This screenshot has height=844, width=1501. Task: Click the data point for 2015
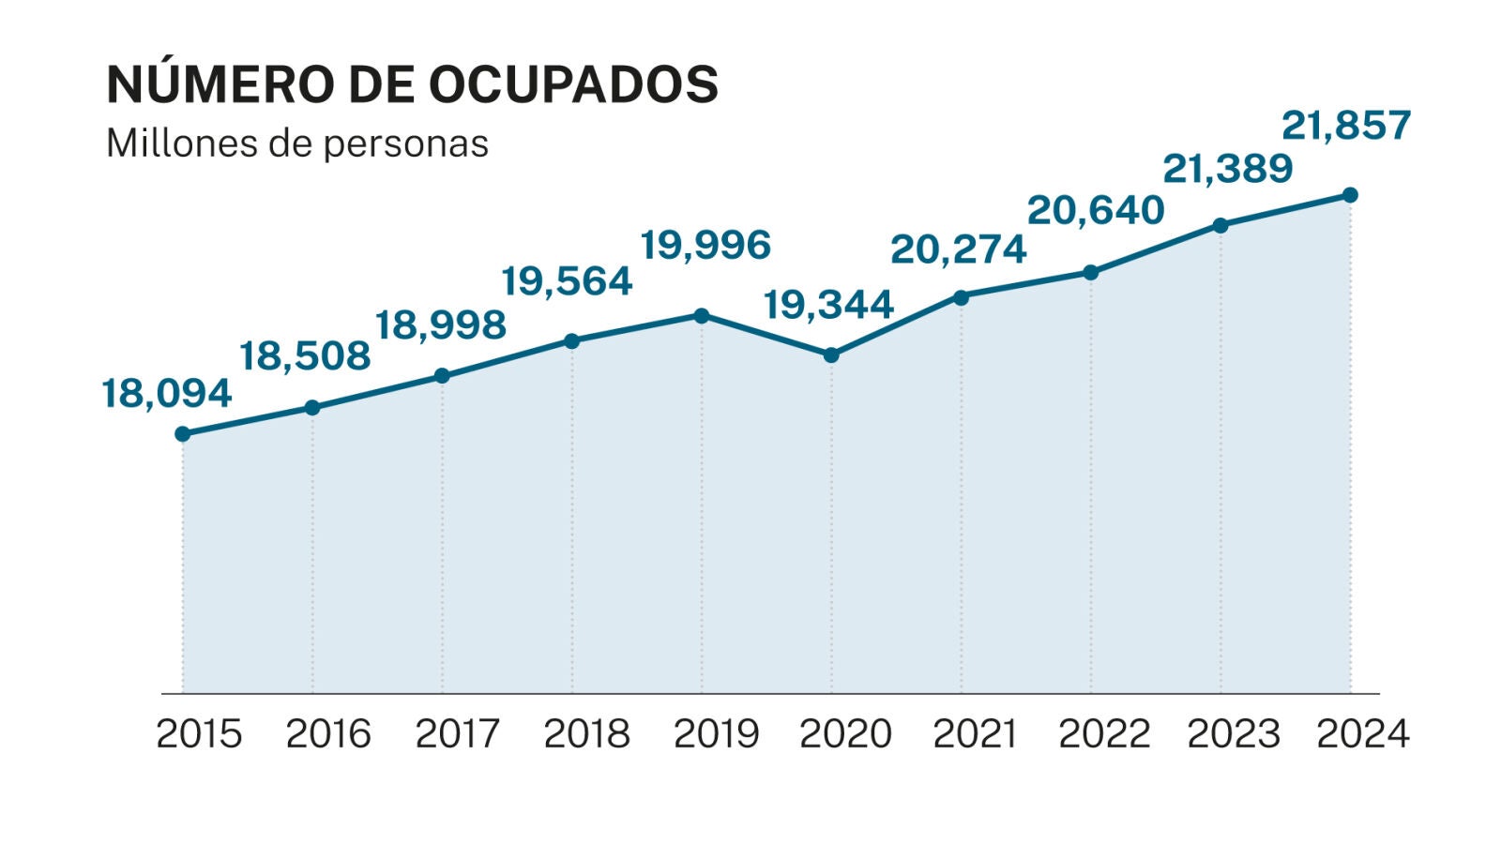[x=183, y=434]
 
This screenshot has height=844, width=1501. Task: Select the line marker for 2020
[x=831, y=355]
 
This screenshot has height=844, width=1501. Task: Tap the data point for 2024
[x=1350, y=195]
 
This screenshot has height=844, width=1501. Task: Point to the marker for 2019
[x=702, y=316]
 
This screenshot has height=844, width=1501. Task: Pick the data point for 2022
[x=1091, y=273]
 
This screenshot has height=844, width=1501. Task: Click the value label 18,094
[x=167, y=394]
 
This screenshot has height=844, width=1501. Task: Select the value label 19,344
[x=828, y=305]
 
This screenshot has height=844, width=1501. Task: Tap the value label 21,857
[x=1346, y=125]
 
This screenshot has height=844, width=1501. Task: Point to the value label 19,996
[x=705, y=245]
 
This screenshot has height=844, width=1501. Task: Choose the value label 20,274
[x=958, y=249]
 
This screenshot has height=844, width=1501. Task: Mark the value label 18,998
[x=441, y=324]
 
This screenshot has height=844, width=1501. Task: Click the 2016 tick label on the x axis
[x=328, y=733]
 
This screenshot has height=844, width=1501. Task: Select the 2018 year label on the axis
[x=587, y=733]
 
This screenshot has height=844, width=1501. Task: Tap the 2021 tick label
[x=975, y=733]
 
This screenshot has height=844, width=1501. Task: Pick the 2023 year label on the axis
[x=1234, y=733]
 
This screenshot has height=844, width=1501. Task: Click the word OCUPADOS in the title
[x=574, y=84]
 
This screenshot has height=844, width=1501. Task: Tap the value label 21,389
[x=1228, y=169]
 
